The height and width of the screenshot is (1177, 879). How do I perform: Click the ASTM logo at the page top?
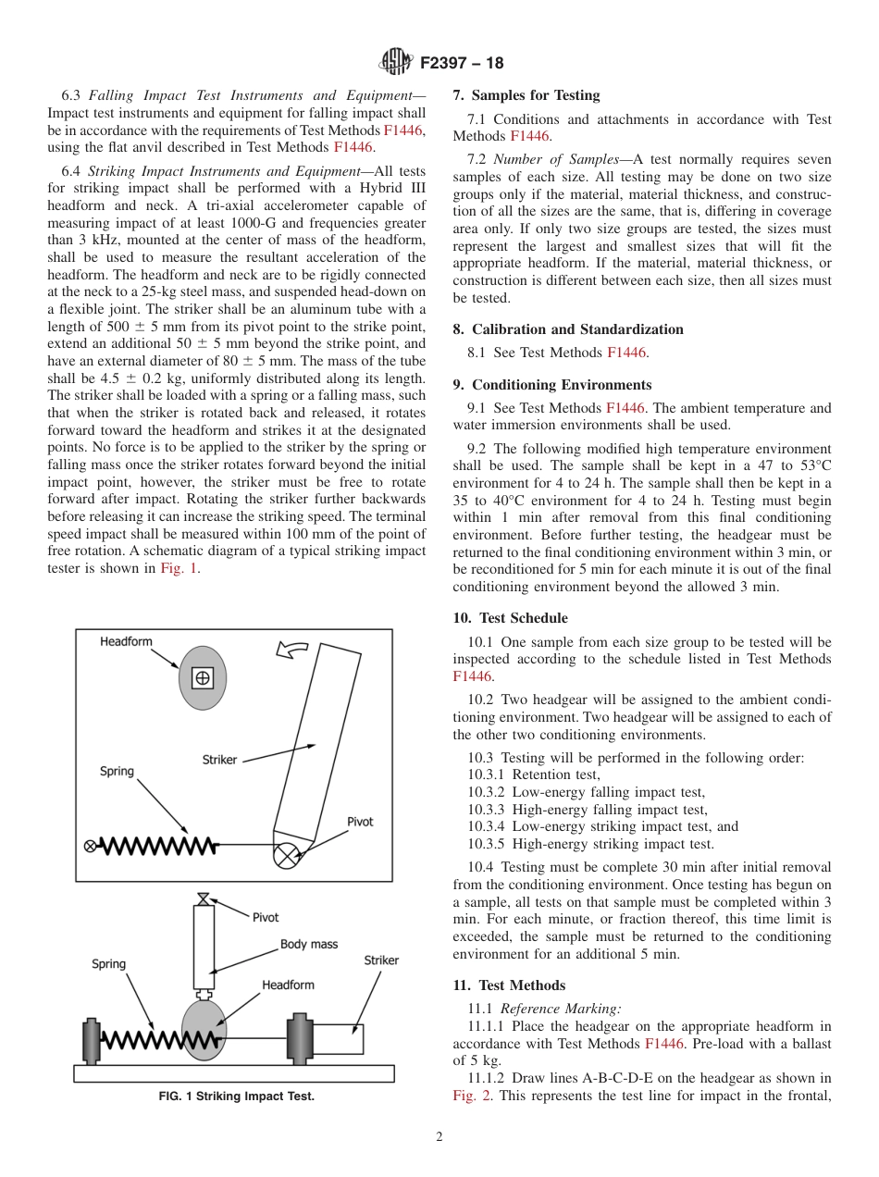395,63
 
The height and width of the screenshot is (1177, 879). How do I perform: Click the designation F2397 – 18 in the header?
462,63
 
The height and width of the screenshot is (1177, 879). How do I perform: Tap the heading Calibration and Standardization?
568,329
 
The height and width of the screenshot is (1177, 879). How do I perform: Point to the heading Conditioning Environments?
552,385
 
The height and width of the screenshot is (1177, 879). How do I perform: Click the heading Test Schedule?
510,618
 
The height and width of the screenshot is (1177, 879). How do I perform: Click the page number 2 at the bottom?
439,1137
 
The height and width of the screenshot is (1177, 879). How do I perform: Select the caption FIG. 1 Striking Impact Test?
236,1096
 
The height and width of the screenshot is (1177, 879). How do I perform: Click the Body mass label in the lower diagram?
309,945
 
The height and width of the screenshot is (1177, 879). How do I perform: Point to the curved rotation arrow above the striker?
293,651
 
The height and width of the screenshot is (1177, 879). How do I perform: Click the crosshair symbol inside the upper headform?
202,678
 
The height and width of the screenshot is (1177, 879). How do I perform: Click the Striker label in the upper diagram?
219,760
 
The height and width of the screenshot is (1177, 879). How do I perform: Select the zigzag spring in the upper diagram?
156,845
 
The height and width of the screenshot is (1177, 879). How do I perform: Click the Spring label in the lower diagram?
108,964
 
